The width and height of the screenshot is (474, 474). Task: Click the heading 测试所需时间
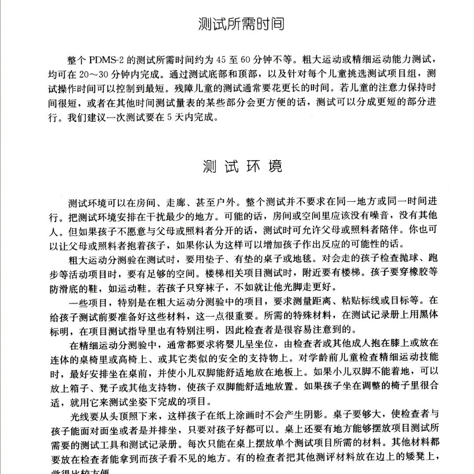click(x=241, y=24)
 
